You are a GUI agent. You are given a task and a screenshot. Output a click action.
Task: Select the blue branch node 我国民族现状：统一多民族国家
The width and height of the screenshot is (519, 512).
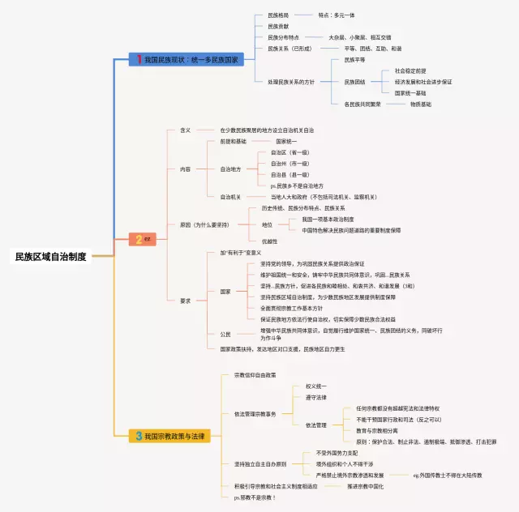point(188,59)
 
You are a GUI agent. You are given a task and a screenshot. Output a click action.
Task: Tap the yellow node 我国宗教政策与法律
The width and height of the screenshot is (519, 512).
point(172,436)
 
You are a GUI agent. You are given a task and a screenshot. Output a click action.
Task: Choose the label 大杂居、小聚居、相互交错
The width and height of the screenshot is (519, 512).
point(359,37)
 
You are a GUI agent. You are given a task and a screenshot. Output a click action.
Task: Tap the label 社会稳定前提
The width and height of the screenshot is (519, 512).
point(410,70)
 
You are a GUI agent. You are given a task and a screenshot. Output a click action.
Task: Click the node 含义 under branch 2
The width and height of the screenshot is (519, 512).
point(185,130)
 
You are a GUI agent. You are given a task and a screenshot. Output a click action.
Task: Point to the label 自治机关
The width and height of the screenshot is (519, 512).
point(230,197)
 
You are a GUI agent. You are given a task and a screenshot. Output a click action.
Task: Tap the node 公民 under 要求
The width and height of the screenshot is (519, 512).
point(225,335)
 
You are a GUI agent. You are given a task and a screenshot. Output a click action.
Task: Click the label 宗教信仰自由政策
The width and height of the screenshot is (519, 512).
point(255,375)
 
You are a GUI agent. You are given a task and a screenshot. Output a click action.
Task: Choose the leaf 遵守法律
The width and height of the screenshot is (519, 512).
point(316,398)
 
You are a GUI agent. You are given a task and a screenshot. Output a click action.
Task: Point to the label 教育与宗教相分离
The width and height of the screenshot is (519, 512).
point(384,431)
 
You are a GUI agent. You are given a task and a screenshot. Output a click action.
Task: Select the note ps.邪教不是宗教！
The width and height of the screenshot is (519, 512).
point(255,497)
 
